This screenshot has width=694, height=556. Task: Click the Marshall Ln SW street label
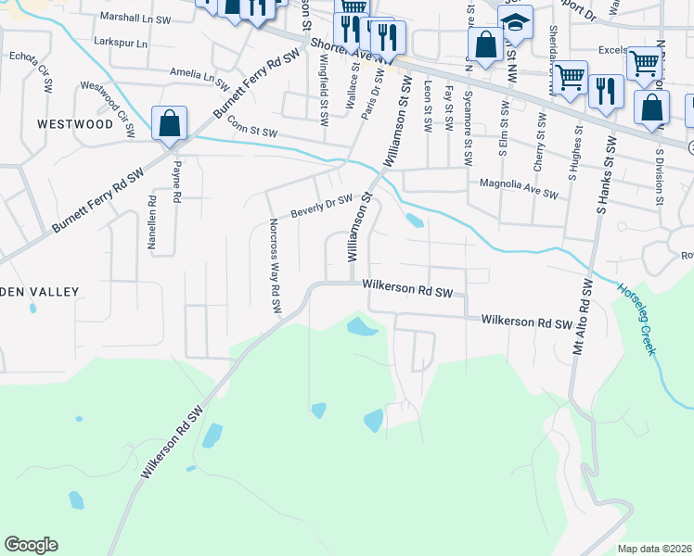[x=135, y=18]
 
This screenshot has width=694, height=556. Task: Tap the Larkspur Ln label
[x=121, y=44]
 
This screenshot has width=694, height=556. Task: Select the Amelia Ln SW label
[x=199, y=72]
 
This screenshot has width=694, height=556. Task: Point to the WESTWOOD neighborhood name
[x=74, y=123]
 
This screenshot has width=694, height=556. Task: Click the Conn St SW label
[x=252, y=132]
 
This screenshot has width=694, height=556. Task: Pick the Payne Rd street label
[x=175, y=182]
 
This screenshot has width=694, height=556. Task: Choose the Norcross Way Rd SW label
[x=275, y=266]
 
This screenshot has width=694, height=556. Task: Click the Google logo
[x=31, y=545]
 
